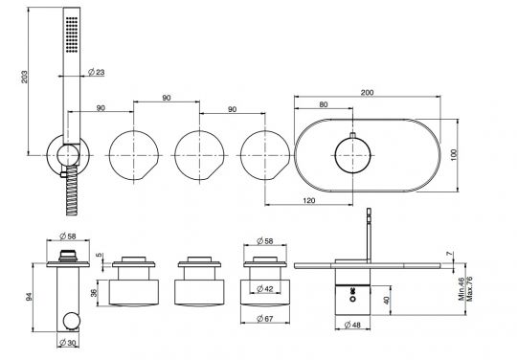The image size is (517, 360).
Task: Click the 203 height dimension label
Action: coord(24,77)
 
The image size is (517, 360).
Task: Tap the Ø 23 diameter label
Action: coord(97,72)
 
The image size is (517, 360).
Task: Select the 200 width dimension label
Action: coord(367,92)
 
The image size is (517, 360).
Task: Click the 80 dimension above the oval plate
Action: coord(324,104)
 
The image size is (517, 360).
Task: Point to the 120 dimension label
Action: coord(308,200)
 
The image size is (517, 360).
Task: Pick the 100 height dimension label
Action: coord(454,155)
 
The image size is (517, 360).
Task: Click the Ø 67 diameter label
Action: coord(265,319)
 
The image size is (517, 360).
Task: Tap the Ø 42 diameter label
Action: coord(265,289)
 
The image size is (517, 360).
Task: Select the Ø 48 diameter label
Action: coord(352,326)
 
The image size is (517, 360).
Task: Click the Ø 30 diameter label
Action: coord(68,343)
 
